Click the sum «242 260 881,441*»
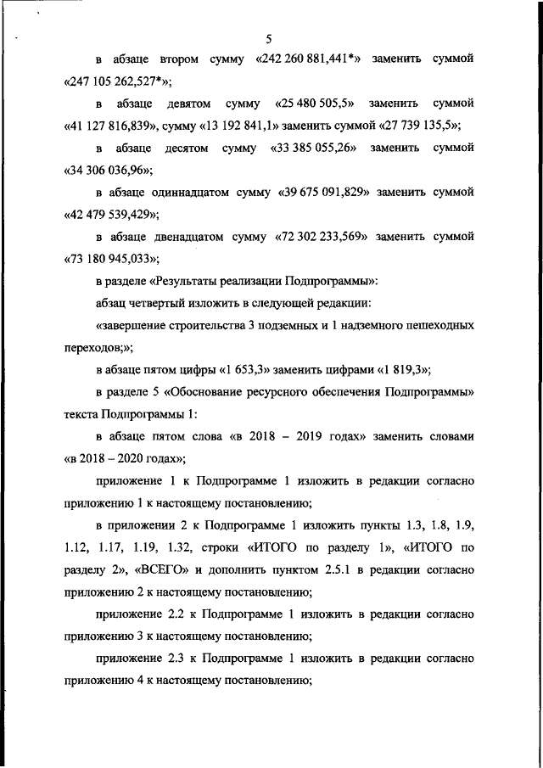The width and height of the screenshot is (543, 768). point(311,60)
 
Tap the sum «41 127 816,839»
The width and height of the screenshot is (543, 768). point(113,126)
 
